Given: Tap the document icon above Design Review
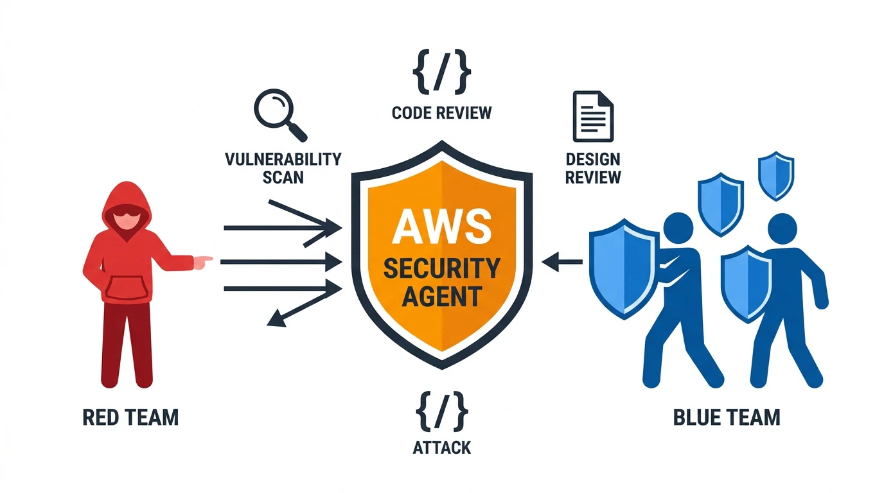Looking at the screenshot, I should [592, 116].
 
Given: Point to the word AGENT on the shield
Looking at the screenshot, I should [441, 296].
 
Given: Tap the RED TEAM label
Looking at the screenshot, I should [130, 418].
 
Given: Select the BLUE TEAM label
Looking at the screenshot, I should [727, 417].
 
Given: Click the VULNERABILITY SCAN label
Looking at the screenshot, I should [283, 167].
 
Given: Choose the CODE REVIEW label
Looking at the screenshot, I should [441, 113].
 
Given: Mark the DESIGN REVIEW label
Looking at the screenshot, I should [592, 167].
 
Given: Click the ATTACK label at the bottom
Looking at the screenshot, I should [441, 447].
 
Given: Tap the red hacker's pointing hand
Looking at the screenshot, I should [203, 261].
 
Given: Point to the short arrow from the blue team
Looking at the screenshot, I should [563, 261].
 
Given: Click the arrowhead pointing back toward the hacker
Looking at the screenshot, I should [275, 319].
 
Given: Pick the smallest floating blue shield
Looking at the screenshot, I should [775, 175].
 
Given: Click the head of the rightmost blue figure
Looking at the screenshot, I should [782, 229].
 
